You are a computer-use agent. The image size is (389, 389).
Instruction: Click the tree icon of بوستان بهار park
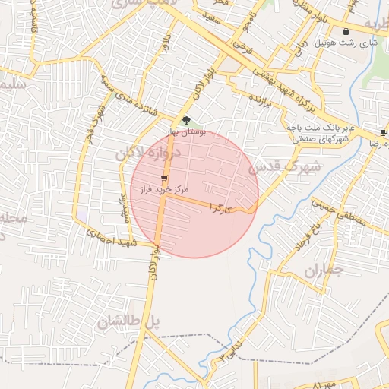pyautogui.click(x=187, y=119)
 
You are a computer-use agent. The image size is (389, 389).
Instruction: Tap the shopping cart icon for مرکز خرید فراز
pyautogui.click(x=164, y=178)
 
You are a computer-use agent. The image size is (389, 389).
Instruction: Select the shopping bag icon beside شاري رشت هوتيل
pyautogui.click(x=347, y=32)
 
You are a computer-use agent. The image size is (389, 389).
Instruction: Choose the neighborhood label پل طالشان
pyautogui.click(x=128, y=321)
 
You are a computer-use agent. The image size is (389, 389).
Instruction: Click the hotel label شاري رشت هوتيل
pyautogui.click(x=350, y=43)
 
